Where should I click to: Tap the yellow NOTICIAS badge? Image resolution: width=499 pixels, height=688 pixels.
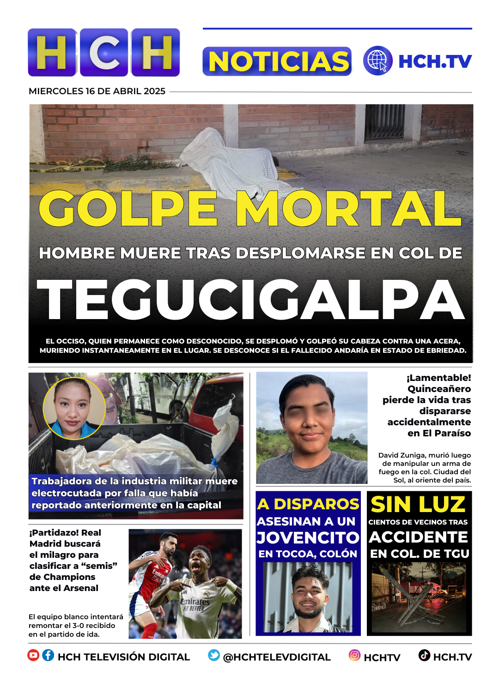click(277, 61)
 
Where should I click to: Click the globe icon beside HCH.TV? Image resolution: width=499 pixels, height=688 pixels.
click(377, 60)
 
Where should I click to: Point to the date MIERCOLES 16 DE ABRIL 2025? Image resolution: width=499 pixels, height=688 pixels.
click(97, 91)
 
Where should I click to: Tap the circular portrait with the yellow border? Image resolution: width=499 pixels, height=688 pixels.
click(74, 408)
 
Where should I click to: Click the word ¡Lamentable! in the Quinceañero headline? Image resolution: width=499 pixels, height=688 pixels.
click(438, 378)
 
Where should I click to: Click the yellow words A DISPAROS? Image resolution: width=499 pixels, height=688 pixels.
click(308, 504)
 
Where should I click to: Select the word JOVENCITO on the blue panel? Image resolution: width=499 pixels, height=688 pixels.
click(308, 537)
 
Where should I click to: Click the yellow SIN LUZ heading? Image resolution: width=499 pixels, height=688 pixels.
click(418, 504)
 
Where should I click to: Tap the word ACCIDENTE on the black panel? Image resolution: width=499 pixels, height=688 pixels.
click(419, 537)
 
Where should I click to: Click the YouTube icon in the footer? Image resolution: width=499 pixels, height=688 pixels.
click(33, 655)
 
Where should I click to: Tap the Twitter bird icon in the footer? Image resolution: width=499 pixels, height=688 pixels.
click(214, 655)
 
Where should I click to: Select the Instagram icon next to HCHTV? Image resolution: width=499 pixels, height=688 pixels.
click(354, 655)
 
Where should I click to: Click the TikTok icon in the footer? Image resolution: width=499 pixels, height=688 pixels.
click(424, 655)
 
